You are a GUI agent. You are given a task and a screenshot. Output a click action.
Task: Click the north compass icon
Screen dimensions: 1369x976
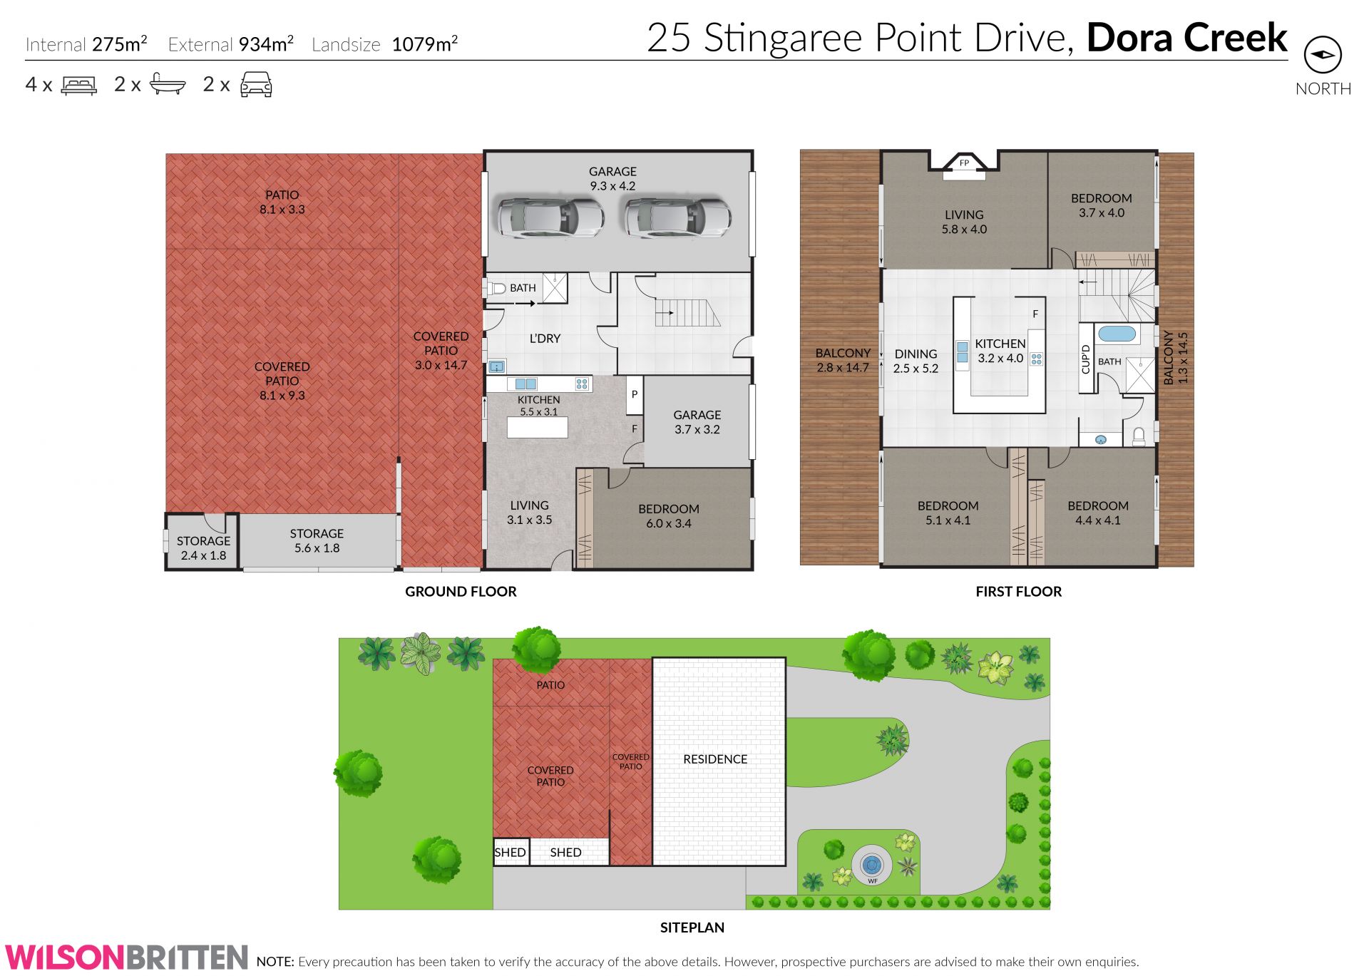pos(1323,55)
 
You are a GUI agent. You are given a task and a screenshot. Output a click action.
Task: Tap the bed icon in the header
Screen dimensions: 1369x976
pos(79,86)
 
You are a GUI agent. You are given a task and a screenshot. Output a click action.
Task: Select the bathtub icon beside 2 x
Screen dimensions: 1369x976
pos(168,86)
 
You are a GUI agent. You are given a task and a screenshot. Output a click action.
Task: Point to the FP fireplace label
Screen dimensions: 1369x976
pos(964,163)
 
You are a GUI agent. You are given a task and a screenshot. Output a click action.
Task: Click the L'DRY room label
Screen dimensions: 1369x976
pos(545,339)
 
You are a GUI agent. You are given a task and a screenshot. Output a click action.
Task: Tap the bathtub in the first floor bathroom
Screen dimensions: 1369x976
pos(1116,334)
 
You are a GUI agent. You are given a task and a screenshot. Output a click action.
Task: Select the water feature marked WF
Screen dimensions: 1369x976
pos(871,865)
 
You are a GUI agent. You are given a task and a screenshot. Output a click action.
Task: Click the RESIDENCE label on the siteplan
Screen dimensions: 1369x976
pos(715,759)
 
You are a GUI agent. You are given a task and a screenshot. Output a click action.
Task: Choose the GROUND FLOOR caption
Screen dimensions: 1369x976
pos(461,591)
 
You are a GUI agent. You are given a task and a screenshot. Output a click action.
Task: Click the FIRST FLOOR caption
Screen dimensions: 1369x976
pos(1018,591)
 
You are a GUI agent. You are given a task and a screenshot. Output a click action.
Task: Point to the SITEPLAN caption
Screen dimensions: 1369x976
pos(692,928)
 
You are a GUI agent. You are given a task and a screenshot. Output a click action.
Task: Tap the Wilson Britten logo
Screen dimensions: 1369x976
pos(126,957)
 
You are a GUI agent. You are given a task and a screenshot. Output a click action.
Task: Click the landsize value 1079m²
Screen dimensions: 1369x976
pos(424,44)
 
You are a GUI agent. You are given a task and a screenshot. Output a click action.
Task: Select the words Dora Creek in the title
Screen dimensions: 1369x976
pos(1186,38)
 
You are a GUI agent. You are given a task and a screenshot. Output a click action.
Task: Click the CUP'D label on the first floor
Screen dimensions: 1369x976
pos(1086,359)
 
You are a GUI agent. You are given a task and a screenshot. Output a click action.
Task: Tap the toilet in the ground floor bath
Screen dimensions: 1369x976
pos(496,288)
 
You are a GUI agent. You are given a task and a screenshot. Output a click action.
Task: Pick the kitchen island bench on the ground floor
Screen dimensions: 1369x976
pos(537,428)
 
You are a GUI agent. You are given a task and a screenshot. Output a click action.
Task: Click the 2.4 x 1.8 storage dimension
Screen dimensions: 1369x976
pos(203,555)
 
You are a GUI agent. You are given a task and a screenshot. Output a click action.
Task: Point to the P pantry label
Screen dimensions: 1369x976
pos(634,394)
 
